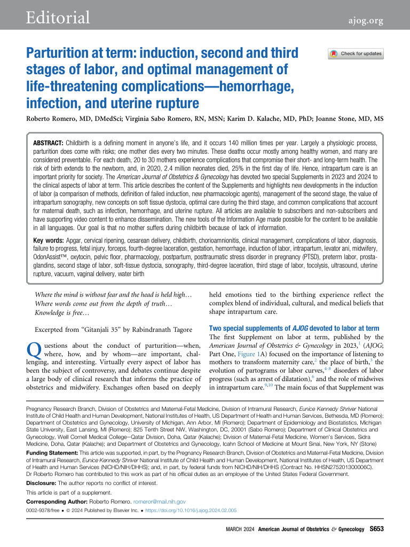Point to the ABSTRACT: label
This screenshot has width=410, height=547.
(x=50, y=144)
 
